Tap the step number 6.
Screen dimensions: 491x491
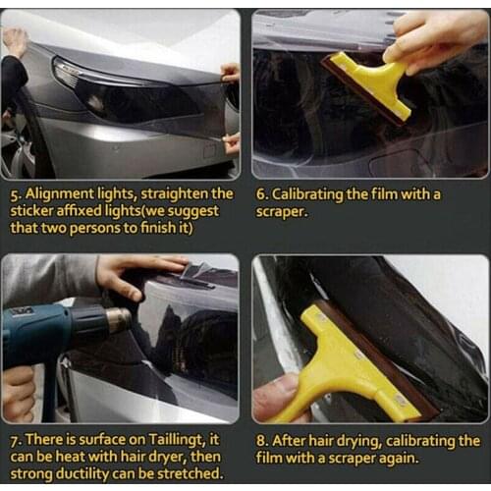pos(261,194)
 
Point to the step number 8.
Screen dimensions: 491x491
pos(261,441)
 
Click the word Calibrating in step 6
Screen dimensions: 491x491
pos(316,194)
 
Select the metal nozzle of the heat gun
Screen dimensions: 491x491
pos(118,319)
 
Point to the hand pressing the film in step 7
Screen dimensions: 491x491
pos(137,270)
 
